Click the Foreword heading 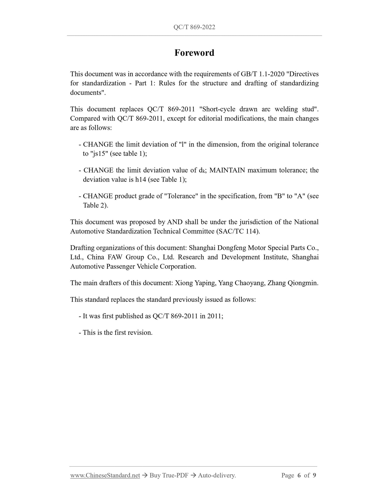[x=194, y=53]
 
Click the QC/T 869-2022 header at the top [x=194, y=27]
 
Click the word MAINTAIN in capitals [x=227, y=170]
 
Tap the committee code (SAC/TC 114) [x=238, y=231]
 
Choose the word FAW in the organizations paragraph [x=115, y=257]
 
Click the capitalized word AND [x=175, y=222]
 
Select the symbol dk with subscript [x=202, y=170]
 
